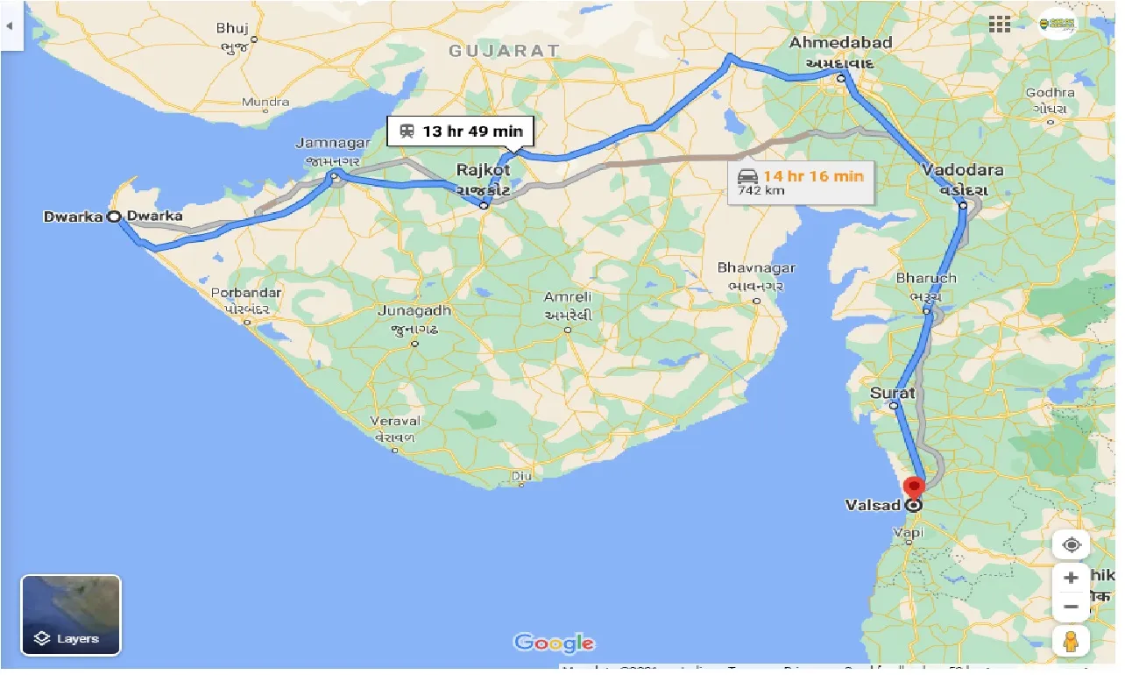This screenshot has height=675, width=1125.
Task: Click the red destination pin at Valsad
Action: (x=914, y=487)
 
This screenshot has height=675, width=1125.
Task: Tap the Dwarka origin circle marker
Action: (x=114, y=217)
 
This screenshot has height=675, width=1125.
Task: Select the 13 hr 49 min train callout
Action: (x=461, y=131)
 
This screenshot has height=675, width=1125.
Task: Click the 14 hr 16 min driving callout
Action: (x=800, y=181)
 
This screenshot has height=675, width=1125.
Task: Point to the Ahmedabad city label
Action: (x=840, y=43)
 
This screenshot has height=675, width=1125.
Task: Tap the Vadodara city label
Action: (x=963, y=170)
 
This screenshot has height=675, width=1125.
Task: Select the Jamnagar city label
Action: (x=329, y=143)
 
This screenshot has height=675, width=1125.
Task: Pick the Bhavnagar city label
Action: (x=756, y=267)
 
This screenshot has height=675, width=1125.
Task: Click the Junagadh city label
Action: (x=414, y=310)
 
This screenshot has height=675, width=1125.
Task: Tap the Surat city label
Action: (x=893, y=393)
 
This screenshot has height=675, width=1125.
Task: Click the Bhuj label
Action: (x=232, y=28)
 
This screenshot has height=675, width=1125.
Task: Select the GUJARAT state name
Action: (x=504, y=51)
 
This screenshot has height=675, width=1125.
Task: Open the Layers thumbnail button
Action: (x=71, y=615)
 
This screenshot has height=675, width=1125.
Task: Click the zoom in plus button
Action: (x=1071, y=579)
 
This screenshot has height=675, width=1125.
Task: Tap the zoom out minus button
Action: (x=1071, y=607)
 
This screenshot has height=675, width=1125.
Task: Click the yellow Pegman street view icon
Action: (x=1071, y=643)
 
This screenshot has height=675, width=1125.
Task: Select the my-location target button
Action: (x=1071, y=544)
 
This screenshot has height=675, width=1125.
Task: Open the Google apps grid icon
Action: (x=1000, y=25)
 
